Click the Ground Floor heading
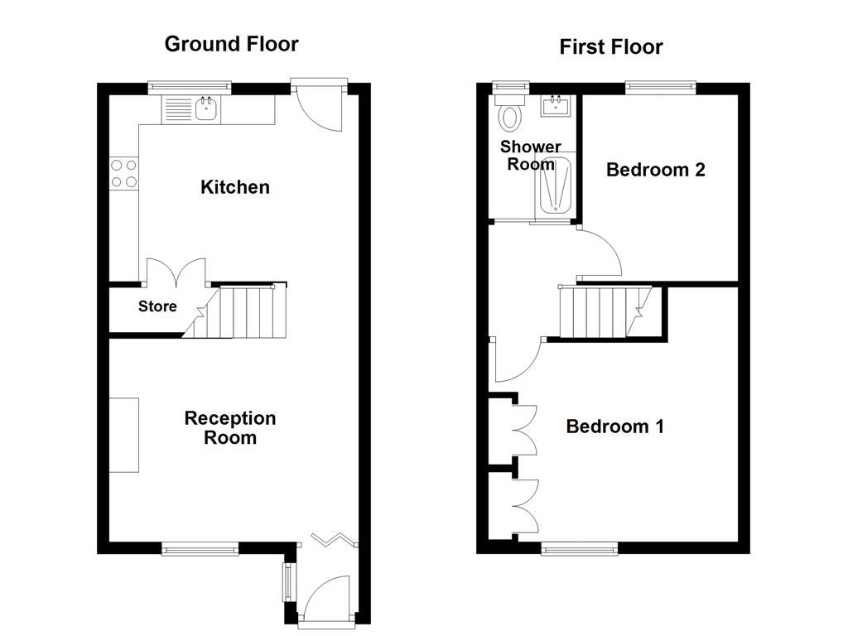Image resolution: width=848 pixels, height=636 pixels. click(x=231, y=44)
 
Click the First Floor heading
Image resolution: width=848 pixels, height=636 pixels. click(x=610, y=47)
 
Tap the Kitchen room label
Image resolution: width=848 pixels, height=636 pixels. click(x=235, y=187)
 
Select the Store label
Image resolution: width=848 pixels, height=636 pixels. click(x=157, y=306)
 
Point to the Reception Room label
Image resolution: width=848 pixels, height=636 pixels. click(x=230, y=427)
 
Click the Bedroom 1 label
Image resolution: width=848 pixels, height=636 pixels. click(x=614, y=426)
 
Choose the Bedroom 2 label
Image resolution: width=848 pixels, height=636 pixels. click(x=655, y=170)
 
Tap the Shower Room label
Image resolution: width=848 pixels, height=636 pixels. click(x=530, y=155)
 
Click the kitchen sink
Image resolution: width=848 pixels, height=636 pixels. click(x=205, y=108)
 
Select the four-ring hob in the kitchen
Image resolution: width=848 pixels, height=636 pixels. click(x=124, y=172)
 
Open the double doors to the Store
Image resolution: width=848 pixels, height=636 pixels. click(x=176, y=273)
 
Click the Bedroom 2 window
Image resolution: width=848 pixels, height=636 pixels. click(x=660, y=85)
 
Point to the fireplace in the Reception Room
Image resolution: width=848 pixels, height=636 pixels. click(x=124, y=435)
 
